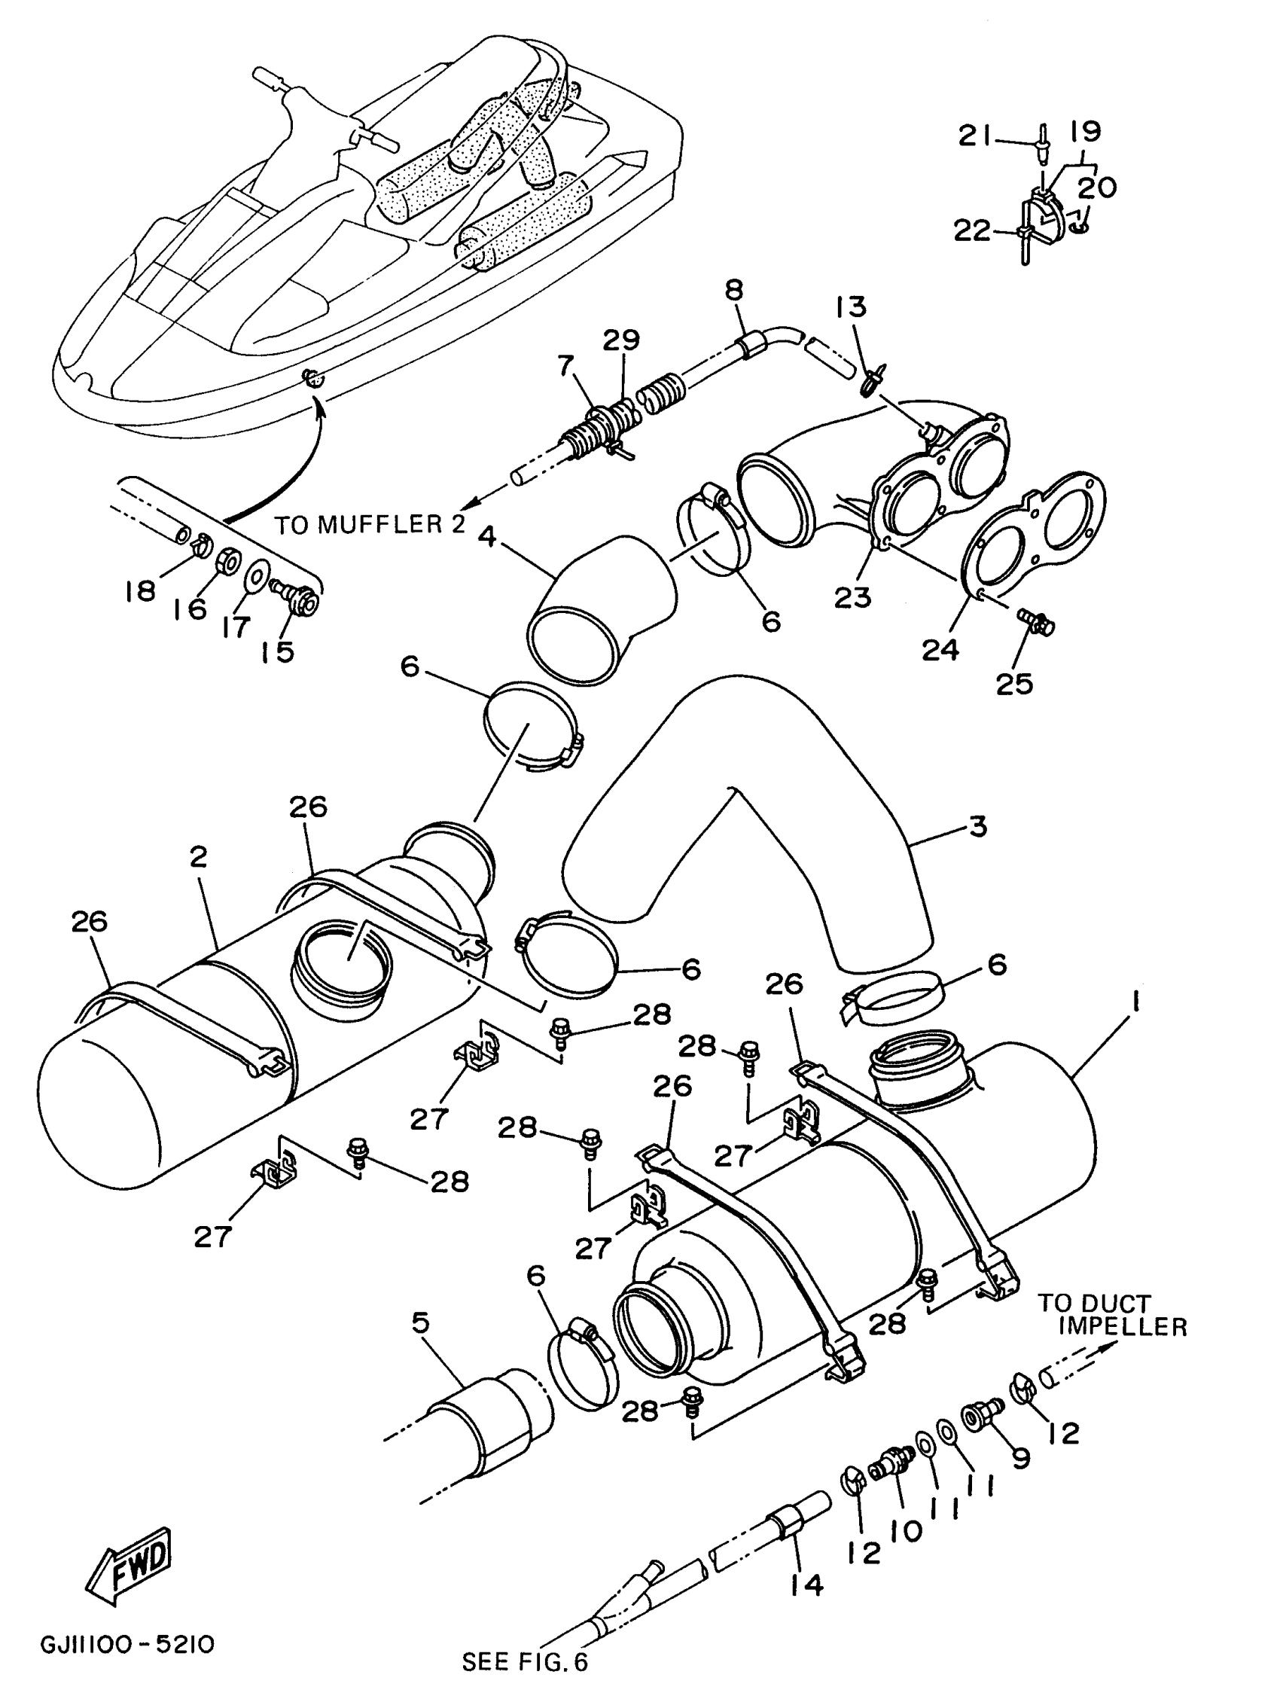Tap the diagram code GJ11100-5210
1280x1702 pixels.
[127, 1643]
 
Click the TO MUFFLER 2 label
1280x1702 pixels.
[370, 526]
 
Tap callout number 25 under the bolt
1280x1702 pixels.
[1014, 683]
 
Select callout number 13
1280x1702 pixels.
[851, 307]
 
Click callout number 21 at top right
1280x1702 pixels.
[976, 136]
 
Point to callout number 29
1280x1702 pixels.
[620, 340]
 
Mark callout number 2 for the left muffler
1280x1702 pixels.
[199, 856]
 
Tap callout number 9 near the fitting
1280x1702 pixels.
[1021, 1456]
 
